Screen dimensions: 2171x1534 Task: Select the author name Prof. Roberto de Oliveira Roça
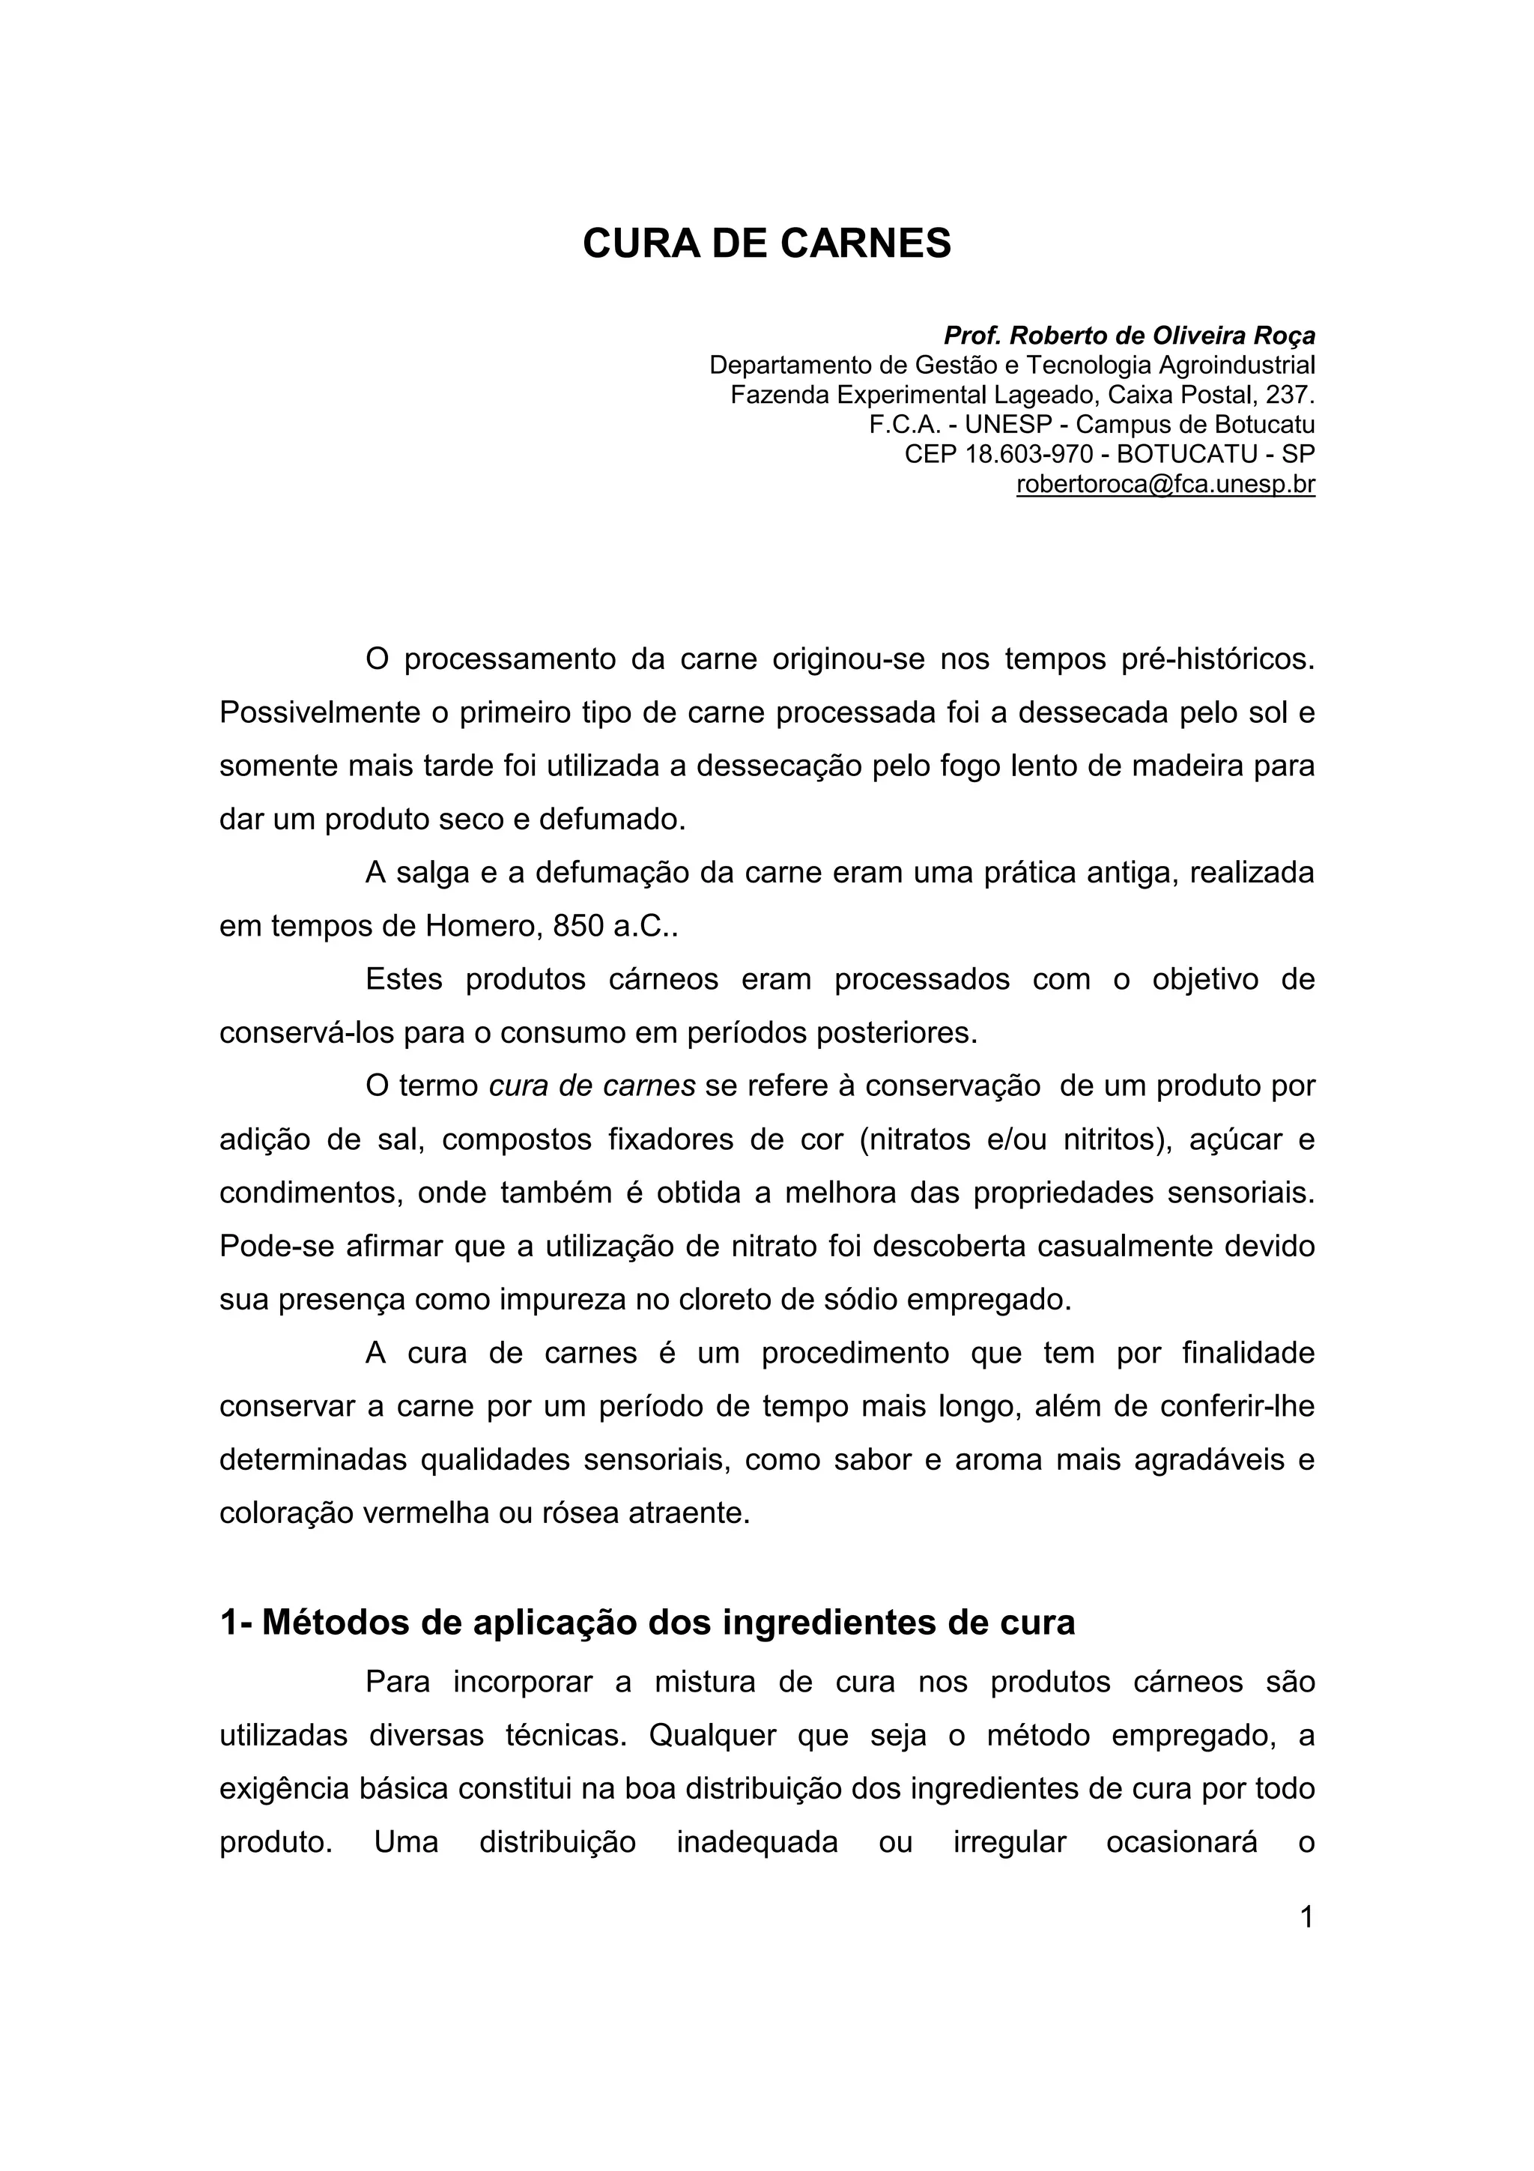(1129, 336)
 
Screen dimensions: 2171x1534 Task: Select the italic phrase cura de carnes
(592, 1085)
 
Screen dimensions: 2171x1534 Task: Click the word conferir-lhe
(1237, 1406)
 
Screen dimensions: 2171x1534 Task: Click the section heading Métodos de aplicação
(646, 1622)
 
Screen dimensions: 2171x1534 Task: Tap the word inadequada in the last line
(757, 1842)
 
